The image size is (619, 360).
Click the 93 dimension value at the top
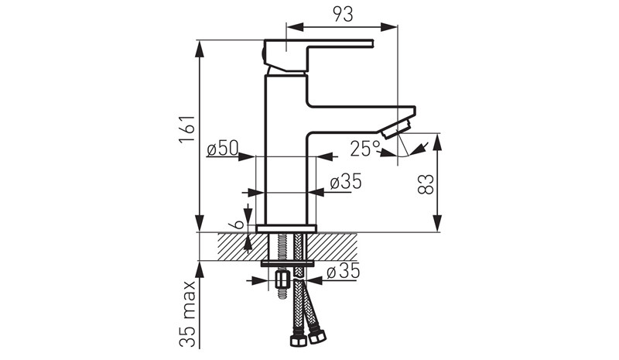click(x=343, y=14)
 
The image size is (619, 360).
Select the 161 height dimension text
click(x=187, y=129)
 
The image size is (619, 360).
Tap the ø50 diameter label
click(x=223, y=149)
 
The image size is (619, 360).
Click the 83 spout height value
click(x=426, y=184)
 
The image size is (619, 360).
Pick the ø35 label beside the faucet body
click(x=346, y=182)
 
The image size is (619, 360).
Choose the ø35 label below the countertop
click(x=344, y=272)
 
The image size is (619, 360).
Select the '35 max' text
click(x=187, y=314)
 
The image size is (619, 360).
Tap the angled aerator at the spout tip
click(x=397, y=129)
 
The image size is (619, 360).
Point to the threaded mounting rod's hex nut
click(x=282, y=279)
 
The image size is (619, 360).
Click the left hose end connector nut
click(x=298, y=341)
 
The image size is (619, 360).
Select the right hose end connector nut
click(x=318, y=337)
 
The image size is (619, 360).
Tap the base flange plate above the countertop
click(x=286, y=228)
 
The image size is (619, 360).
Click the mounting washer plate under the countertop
click(x=287, y=263)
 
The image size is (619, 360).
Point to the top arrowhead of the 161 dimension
click(x=200, y=49)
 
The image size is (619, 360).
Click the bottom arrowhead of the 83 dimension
click(x=437, y=223)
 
